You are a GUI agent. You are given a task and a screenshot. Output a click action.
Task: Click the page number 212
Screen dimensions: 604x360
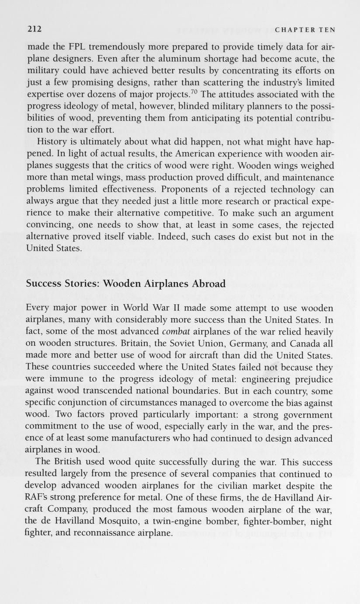34,29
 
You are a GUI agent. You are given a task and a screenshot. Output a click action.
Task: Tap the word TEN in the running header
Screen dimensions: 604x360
327,30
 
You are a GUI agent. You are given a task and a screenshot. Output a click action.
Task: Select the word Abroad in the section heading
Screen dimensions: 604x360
209,284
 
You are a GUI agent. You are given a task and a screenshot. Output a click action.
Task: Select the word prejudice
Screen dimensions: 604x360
310,379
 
